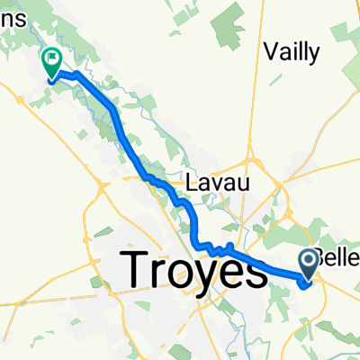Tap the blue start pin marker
309,264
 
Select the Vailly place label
293,53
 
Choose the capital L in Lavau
192,183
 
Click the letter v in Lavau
217,184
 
